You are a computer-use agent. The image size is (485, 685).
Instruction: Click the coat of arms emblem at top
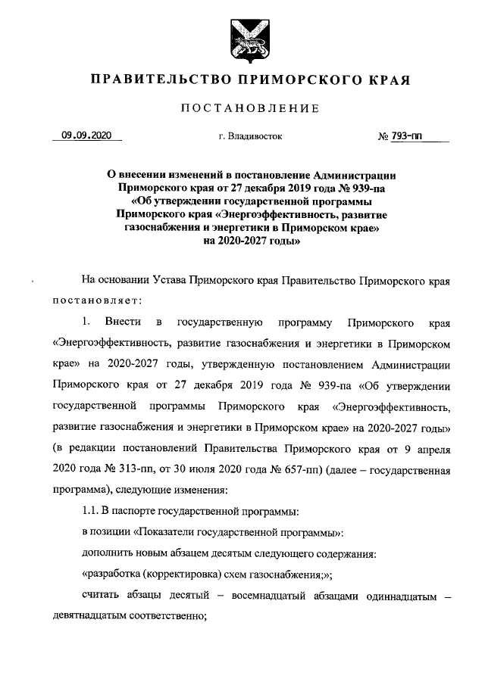[x=242, y=39]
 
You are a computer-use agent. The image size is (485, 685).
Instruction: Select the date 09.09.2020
[x=86, y=136]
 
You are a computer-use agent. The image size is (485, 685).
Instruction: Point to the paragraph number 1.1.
[x=90, y=510]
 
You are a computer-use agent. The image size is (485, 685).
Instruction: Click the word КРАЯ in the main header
[x=392, y=80]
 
